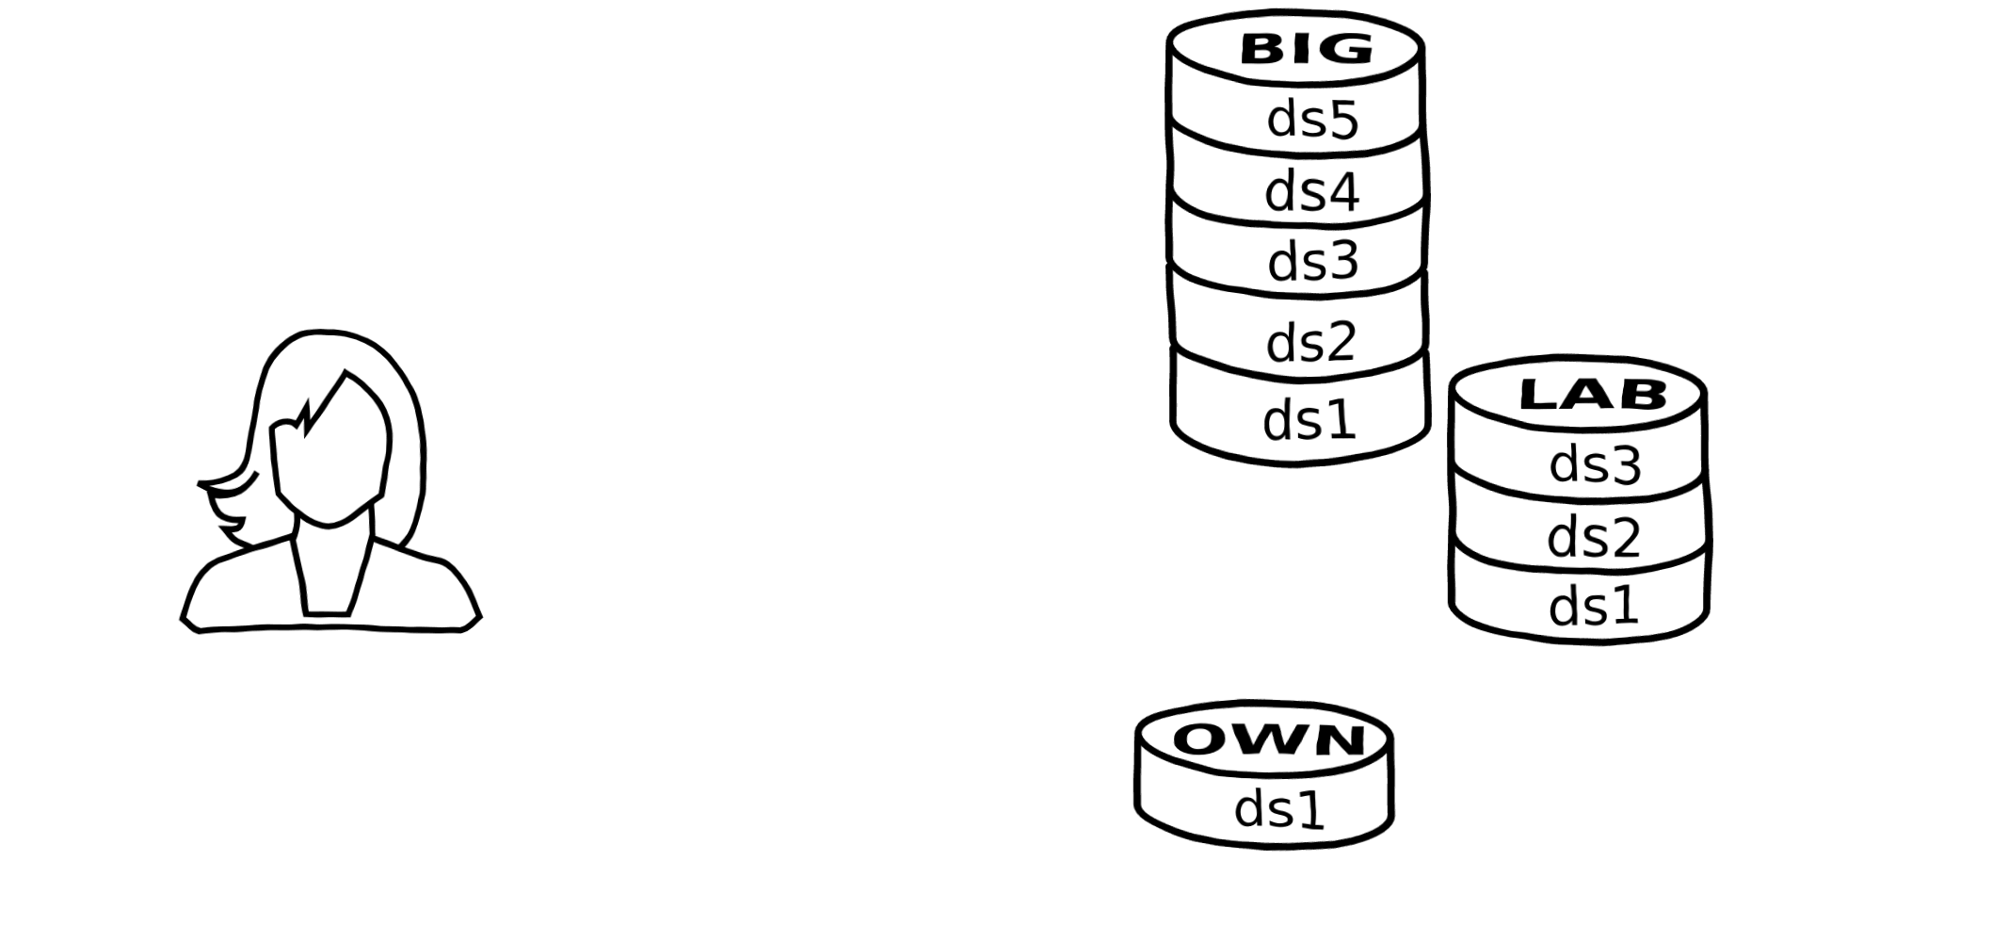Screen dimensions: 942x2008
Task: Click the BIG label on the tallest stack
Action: tap(1306, 48)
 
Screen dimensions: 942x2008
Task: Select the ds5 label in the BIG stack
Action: tap(1312, 121)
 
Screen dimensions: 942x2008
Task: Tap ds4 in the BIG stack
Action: tap(1311, 191)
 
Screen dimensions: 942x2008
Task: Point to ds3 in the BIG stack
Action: tap(1313, 261)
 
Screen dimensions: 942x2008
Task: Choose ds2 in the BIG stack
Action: tap(1310, 342)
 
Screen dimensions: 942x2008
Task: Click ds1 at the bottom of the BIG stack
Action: tap(1309, 419)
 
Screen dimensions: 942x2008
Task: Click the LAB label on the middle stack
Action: tap(1593, 395)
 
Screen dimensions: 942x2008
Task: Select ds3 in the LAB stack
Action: tap(1595, 464)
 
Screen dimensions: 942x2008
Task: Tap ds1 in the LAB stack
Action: tap(1594, 605)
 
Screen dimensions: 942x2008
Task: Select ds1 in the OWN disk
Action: tap(1278, 809)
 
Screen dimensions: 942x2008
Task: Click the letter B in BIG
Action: tap(1262, 48)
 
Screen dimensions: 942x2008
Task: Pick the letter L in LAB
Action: tap(1538, 395)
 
